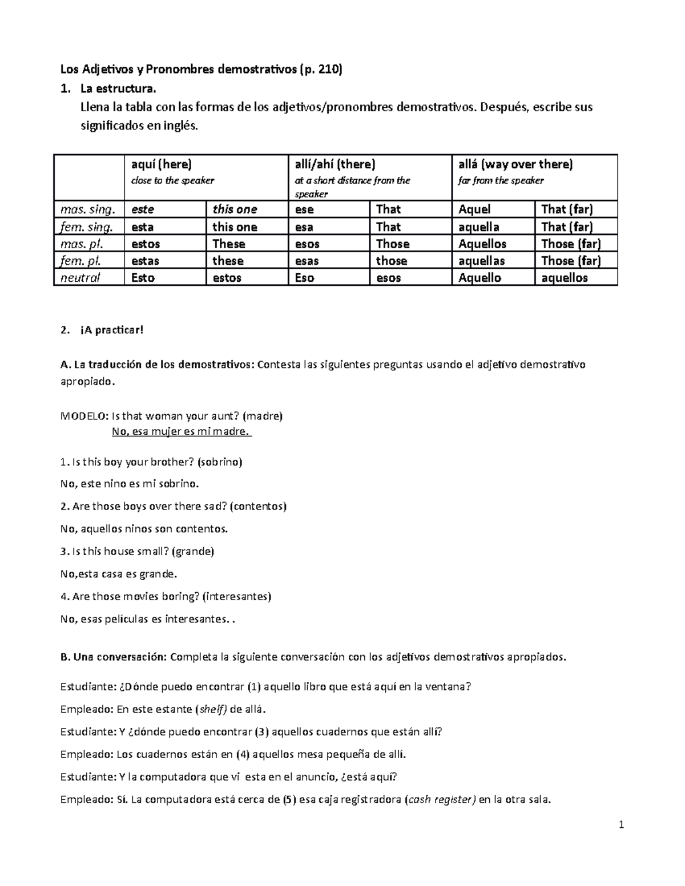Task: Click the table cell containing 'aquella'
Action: pyautogui.click(x=479, y=227)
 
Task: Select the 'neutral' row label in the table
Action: pyautogui.click(x=80, y=278)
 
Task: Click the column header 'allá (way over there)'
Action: pyautogui.click(x=515, y=164)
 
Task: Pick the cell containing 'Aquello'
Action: pyautogui.click(x=479, y=278)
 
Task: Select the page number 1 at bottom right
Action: pyautogui.click(x=621, y=826)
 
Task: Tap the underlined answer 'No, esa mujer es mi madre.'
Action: pyautogui.click(x=182, y=431)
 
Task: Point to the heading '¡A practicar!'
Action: pyautogui.click(x=112, y=330)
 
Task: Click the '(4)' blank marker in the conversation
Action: pyautogui.click(x=243, y=755)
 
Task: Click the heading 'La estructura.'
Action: pyautogui.click(x=118, y=89)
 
